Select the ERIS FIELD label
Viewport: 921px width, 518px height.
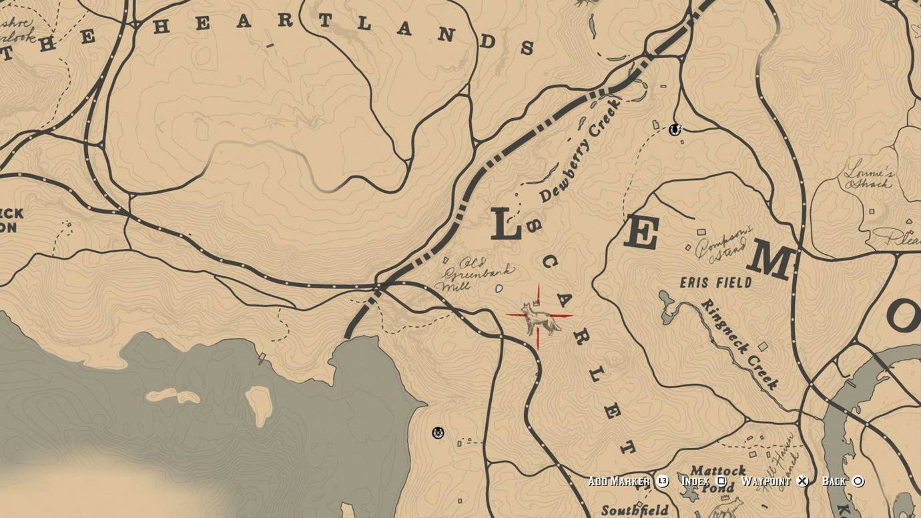(x=715, y=282)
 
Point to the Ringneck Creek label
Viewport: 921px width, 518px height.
(x=739, y=344)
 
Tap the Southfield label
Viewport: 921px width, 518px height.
(x=635, y=511)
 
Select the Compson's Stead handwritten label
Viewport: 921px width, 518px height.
(x=723, y=244)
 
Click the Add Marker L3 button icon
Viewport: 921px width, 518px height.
(x=662, y=481)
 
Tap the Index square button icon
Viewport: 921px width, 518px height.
(x=721, y=481)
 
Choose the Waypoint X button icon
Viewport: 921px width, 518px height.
(x=802, y=481)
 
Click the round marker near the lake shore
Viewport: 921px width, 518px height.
(x=438, y=433)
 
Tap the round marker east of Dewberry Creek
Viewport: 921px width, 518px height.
(x=675, y=129)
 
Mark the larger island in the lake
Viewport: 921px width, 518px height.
(x=259, y=405)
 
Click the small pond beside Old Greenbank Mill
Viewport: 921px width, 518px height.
(x=499, y=289)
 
